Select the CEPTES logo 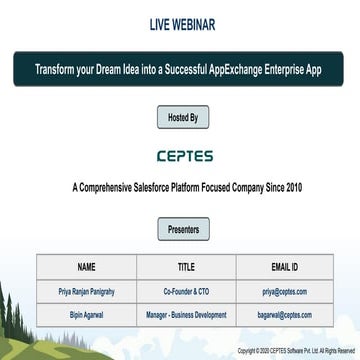[180, 156]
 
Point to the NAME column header [86, 267]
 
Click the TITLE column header [186, 267]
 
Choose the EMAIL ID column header [287, 267]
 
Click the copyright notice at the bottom [295, 351]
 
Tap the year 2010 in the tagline [291, 187]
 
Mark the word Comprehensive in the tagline [118, 187]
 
